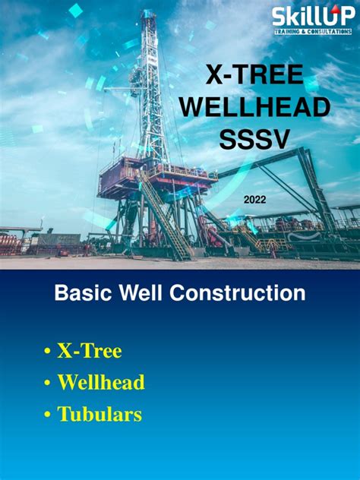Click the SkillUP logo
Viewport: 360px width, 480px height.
click(311, 17)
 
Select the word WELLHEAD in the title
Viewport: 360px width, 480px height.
click(254, 108)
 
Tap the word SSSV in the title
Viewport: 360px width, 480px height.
click(254, 139)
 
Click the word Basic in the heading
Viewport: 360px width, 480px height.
click(82, 293)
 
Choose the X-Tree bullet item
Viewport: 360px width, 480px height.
click(89, 351)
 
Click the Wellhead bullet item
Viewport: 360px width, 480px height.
click(100, 383)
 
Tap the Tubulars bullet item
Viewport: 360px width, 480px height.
click(99, 415)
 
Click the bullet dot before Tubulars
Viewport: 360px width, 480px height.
click(48, 415)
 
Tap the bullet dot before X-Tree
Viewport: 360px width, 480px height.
click(48, 352)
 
